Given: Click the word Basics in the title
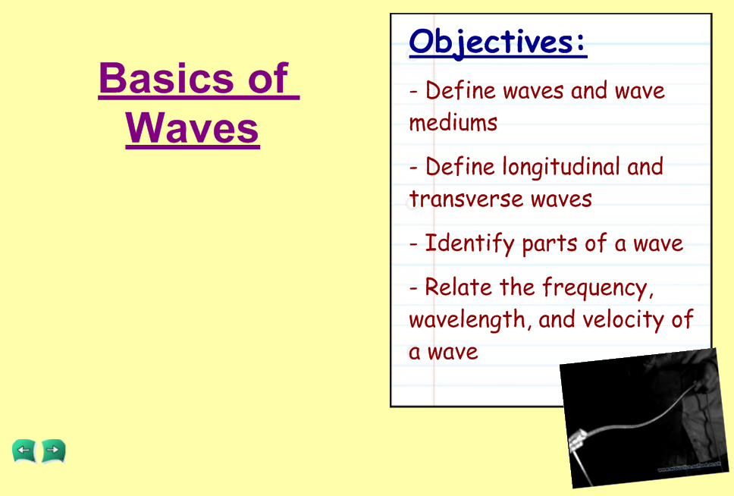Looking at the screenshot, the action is tap(166, 78).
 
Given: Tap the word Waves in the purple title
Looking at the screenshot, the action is tap(193, 128).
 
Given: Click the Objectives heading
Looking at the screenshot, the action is tap(497, 42).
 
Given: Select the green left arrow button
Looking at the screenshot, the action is tap(24, 451).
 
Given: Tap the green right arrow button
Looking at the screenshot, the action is tap(53, 451).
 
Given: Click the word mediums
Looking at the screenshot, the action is tap(453, 123).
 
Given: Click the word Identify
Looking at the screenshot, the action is tap(469, 243).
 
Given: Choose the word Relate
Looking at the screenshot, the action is tap(458, 287).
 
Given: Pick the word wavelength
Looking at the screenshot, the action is tap(470, 320).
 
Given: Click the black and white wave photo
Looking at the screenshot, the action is tap(645, 418).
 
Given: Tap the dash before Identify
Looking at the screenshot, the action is tap(412, 244).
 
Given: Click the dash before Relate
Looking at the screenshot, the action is tap(412, 288).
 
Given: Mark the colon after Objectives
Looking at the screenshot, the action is tap(581, 42).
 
